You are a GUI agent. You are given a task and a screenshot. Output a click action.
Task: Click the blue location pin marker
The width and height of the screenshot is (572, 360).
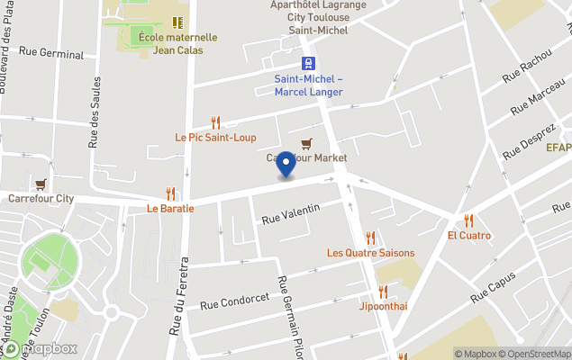pos(286,165)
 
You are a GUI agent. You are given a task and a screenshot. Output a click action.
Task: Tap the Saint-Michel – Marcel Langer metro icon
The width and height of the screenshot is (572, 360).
pos(308,63)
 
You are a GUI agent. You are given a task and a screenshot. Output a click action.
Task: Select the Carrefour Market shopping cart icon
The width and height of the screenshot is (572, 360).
pos(307,143)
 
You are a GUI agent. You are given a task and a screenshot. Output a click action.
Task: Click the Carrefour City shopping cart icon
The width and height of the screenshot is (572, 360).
pos(41,184)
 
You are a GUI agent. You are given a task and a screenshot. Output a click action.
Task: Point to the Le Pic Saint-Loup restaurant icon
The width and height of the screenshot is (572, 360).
pos(215,122)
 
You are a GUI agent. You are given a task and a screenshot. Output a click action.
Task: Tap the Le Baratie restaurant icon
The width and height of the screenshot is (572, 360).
pos(170,193)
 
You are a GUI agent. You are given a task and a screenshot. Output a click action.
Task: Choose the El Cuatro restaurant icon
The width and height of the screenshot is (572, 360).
pos(468,220)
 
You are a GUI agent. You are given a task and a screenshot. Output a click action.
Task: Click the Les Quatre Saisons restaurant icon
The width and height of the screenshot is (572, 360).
pos(369,238)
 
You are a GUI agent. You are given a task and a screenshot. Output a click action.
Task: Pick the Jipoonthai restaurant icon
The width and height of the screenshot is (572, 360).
pos(383,292)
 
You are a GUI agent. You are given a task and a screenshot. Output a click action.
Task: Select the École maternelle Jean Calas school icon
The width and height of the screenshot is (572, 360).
pos(178,22)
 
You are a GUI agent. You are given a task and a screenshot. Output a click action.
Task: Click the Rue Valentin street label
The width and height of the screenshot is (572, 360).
pos(291,214)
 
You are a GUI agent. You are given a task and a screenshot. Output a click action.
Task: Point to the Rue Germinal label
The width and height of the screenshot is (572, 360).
pos(50,55)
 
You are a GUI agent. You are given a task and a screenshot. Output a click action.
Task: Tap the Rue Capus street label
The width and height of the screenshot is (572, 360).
pos(492,290)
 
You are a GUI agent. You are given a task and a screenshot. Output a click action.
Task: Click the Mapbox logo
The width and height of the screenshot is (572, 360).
pos(40,348)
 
